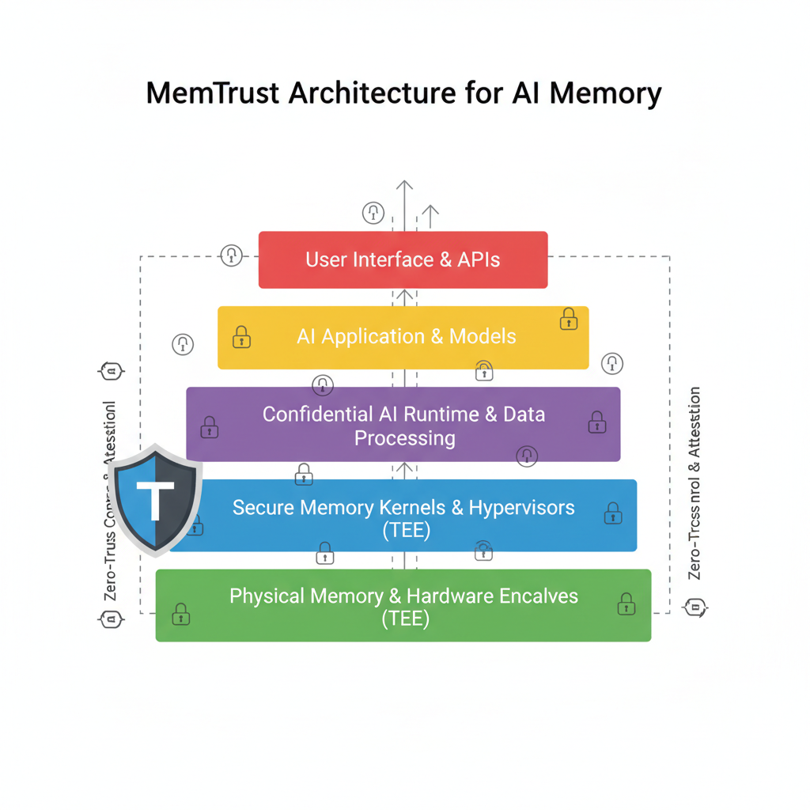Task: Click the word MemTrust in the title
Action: coord(211,93)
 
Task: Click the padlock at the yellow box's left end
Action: coord(241,338)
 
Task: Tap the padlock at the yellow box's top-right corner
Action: coord(569,319)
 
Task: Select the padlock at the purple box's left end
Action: coord(210,427)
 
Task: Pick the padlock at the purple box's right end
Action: coord(597,422)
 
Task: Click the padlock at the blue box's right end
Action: coord(613,513)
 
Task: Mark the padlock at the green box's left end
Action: coord(181,612)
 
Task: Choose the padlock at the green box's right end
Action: coord(626,605)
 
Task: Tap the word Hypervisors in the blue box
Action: coord(522,507)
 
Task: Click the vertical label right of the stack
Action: coord(695,483)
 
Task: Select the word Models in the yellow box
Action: coord(483,336)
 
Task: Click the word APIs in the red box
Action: coord(478,259)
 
